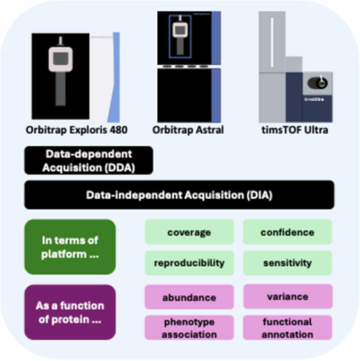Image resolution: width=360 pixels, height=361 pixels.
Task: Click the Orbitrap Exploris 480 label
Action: (76, 130)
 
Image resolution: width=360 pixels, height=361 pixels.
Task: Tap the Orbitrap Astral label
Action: (188, 130)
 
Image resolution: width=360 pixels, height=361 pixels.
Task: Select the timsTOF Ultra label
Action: (295, 130)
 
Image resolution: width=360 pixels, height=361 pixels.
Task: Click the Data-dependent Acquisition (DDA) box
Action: (89, 160)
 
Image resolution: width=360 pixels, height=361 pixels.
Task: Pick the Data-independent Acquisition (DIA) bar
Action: (179, 195)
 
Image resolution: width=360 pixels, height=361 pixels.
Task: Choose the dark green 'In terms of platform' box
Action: (70, 247)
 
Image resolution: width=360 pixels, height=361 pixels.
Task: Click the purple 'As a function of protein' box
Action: (70, 312)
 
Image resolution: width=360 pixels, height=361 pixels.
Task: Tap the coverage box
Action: (189, 232)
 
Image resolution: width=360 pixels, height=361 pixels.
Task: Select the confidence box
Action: (287, 232)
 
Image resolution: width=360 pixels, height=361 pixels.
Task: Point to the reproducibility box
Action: (189, 263)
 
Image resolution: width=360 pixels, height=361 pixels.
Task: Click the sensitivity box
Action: (287, 263)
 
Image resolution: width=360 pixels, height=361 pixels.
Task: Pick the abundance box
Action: (189, 297)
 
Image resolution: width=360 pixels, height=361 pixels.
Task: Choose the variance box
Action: (288, 297)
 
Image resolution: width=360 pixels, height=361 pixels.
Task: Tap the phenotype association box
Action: (189, 328)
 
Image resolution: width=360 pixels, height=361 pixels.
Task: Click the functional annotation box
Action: (287, 328)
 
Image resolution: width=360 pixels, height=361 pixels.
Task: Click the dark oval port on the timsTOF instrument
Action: (318, 83)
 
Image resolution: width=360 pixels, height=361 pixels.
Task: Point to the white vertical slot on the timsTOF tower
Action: (272, 42)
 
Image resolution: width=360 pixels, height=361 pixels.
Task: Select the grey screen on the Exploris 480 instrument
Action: (61, 58)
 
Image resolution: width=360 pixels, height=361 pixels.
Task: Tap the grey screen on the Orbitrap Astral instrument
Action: (180, 30)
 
